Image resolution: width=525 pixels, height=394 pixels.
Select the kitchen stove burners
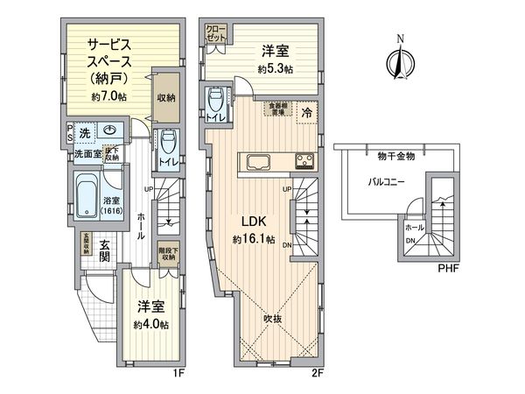[x=304, y=160]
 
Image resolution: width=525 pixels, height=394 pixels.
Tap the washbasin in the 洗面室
[x=109, y=132]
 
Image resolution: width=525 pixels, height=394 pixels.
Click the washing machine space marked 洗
[x=84, y=132]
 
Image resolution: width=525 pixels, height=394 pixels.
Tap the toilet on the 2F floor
[x=215, y=104]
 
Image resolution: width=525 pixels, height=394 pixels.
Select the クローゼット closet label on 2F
[x=216, y=34]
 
